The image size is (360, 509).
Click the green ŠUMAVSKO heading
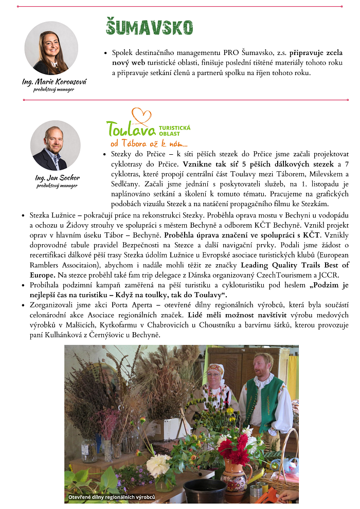click(x=149, y=27)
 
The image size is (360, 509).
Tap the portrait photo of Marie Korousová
click(x=51, y=48)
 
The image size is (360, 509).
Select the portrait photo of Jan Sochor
click(x=56, y=146)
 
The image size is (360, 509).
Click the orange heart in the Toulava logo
click(x=141, y=116)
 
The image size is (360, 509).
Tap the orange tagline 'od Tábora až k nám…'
click(x=147, y=143)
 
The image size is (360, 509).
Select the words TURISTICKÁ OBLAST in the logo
click(x=175, y=130)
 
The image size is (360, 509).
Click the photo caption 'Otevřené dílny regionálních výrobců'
click(x=112, y=497)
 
